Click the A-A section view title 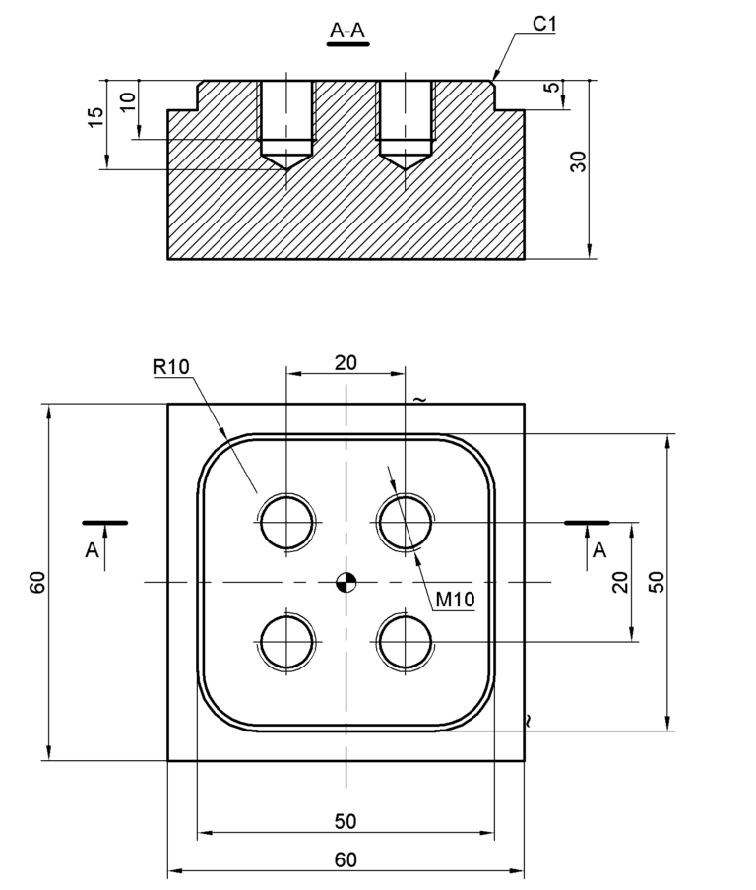(347, 32)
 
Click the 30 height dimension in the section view (579, 161)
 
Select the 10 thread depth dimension (128, 101)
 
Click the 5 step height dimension (553, 88)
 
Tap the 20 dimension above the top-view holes (346, 362)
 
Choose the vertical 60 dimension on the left (37, 583)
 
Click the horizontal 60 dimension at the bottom (346, 859)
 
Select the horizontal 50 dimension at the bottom (346, 821)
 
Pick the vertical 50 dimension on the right (658, 581)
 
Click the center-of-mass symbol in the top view (345, 582)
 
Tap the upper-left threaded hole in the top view (286, 522)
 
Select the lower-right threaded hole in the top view (405, 642)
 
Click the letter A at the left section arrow (92, 551)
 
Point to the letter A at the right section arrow (598, 551)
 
